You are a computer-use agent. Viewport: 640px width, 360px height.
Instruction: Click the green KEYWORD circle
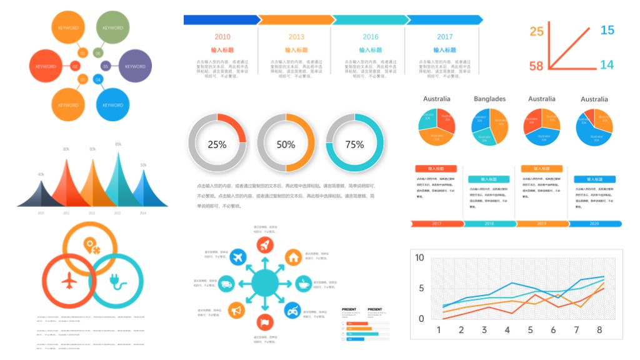pos(112,28)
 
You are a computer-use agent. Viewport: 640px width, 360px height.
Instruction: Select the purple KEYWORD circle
pos(136,66)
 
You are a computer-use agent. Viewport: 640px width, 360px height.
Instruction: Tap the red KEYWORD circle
pos(46,66)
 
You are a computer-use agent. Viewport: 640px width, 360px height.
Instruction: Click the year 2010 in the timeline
pos(222,37)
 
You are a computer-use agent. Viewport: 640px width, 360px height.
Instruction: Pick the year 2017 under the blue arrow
pos(444,37)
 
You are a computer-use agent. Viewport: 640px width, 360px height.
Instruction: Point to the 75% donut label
pos(354,144)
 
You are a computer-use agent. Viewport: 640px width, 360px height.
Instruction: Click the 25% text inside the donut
pos(217,144)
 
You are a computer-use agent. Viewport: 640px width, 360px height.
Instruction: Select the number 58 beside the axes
pos(536,66)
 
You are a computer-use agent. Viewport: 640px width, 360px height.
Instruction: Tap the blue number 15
pos(607,29)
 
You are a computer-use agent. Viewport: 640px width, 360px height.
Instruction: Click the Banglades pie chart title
pos(489,99)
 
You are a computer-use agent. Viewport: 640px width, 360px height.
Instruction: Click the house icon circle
pos(293,256)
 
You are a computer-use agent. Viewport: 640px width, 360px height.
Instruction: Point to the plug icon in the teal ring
pos(117,279)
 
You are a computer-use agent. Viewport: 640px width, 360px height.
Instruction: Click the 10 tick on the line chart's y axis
pos(419,257)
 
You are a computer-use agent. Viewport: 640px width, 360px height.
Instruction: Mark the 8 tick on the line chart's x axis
pos(599,330)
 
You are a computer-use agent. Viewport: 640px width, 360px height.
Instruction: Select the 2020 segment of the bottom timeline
pos(594,223)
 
